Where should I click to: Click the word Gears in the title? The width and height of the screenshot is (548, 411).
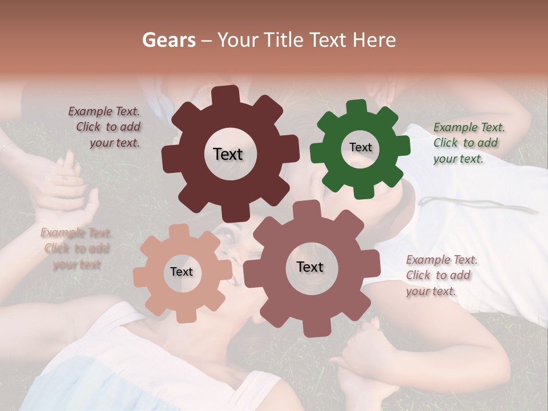[167, 40]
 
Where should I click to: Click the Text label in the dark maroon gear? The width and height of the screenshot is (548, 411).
[228, 154]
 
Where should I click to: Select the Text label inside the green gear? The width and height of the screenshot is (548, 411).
[360, 147]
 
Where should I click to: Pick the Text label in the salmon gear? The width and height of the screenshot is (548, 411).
[182, 272]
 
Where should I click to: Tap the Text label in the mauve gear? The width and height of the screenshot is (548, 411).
[310, 267]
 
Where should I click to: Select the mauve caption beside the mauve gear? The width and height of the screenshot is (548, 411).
[440, 276]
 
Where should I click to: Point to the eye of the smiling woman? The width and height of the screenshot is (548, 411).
[227, 234]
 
